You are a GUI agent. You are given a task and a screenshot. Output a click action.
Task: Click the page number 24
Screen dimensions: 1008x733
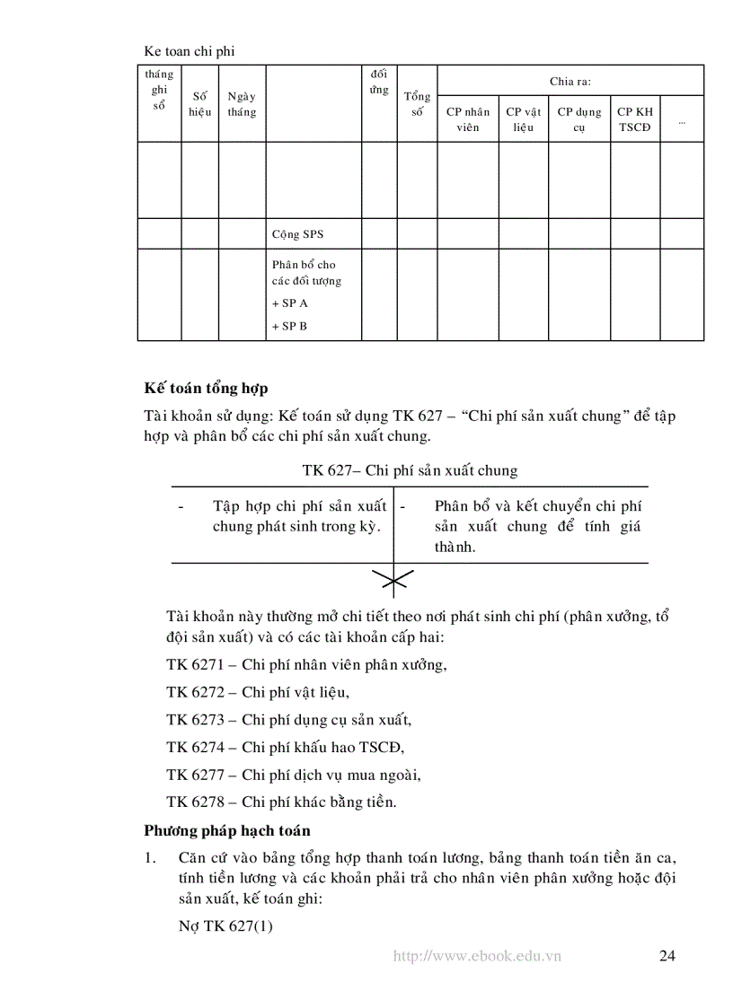(x=667, y=955)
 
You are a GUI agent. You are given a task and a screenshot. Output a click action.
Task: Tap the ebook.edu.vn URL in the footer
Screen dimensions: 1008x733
(x=477, y=956)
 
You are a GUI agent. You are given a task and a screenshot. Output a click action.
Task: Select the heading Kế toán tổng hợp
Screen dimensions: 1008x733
(x=206, y=389)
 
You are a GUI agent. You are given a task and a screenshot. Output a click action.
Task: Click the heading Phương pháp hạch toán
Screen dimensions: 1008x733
(x=227, y=830)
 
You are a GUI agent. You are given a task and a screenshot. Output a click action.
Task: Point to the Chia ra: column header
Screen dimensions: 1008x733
(x=570, y=81)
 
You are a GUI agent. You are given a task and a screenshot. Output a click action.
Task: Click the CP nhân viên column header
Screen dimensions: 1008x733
(x=467, y=119)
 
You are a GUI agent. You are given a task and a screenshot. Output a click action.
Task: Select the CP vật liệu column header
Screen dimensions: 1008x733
(x=524, y=119)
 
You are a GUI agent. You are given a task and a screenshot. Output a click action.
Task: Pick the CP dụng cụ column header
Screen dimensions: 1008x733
(x=579, y=119)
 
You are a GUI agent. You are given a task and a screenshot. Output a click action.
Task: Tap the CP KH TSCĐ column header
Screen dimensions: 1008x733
(x=635, y=119)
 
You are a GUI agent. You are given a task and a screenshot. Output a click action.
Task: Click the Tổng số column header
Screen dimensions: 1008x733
(x=417, y=104)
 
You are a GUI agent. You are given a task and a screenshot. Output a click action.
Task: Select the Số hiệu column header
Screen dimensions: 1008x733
(x=199, y=104)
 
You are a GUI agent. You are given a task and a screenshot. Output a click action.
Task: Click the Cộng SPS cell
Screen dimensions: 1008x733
(x=297, y=234)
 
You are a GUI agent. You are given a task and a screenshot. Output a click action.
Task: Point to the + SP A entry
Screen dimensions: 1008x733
(x=289, y=303)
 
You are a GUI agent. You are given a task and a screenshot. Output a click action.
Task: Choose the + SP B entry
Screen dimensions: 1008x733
(x=289, y=326)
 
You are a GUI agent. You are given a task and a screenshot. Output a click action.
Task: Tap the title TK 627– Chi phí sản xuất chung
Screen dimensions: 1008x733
(x=410, y=470)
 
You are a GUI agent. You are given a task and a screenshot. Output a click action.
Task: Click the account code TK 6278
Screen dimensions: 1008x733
(x=190, y=802)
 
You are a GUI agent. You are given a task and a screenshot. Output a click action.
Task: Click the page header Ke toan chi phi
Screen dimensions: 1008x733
(x=189, y=51)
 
